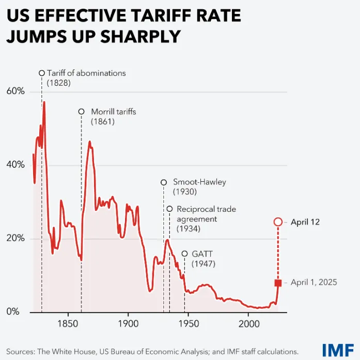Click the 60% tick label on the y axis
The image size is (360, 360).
pos(15,91)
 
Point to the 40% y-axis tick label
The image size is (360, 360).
pos(15,165)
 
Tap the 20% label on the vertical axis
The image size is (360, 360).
pos(15,239)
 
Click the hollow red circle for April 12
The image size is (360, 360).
pos(278,222)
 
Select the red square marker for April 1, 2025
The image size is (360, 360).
pos(278,283)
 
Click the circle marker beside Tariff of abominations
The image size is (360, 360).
pos(42,73)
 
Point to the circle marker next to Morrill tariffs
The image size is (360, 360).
pos(81,112)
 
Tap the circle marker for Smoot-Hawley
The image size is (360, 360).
pos(164,182)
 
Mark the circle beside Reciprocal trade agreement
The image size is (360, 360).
pos(169,209)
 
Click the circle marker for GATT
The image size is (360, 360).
pos(184,253)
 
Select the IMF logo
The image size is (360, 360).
pos(338,350)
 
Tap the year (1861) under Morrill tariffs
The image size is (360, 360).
pos(102,122)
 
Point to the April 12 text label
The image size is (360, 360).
pos(305,222)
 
